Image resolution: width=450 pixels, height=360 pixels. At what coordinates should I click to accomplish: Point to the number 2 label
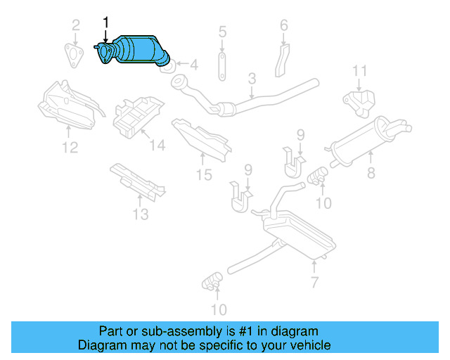click(x=75, y=27)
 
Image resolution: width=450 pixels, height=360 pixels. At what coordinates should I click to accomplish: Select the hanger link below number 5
click(x=222, y=64)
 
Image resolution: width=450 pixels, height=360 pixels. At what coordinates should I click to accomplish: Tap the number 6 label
click(x=284, y=26)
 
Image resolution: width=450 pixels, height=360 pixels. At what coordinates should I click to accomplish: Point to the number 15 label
click(x=204, y=174)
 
